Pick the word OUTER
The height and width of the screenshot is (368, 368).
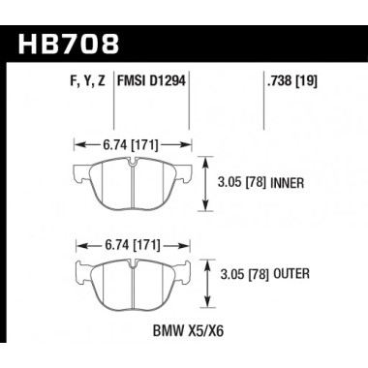tap(291, 276)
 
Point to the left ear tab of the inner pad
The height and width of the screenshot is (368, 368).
tap(81, 175)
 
